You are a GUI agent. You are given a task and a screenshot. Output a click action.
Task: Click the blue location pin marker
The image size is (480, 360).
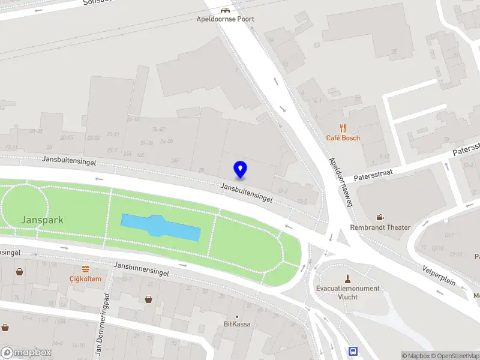point(241,169)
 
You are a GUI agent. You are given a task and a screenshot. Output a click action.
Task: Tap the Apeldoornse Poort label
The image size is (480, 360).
point(226,19)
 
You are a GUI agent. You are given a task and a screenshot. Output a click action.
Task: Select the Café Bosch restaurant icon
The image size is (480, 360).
point(343,127)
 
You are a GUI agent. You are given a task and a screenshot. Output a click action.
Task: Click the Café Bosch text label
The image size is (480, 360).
point(343,138)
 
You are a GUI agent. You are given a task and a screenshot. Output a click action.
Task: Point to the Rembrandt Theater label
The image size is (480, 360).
point(380,227)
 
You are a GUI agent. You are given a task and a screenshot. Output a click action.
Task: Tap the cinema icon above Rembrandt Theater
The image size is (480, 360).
point(380,217)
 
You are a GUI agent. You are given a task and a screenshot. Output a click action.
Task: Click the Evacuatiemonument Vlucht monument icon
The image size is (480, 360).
point(347,278)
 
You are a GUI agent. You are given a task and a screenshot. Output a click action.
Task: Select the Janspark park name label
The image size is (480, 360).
point(42,220)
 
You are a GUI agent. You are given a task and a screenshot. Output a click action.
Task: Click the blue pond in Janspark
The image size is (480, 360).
point(160,227)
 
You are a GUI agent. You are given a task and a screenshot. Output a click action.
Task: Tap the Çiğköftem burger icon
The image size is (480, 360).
point(85,269)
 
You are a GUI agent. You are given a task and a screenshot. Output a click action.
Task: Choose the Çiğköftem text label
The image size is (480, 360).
point(85,278)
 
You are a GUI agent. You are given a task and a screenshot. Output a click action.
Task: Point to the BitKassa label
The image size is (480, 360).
point(237,324)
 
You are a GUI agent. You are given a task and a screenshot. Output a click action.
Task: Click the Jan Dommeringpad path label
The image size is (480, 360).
point(100,324)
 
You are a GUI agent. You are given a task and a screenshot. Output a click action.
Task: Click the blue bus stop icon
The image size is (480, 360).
point(353,351)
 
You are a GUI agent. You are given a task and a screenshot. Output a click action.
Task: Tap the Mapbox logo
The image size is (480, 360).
point(27,353)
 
